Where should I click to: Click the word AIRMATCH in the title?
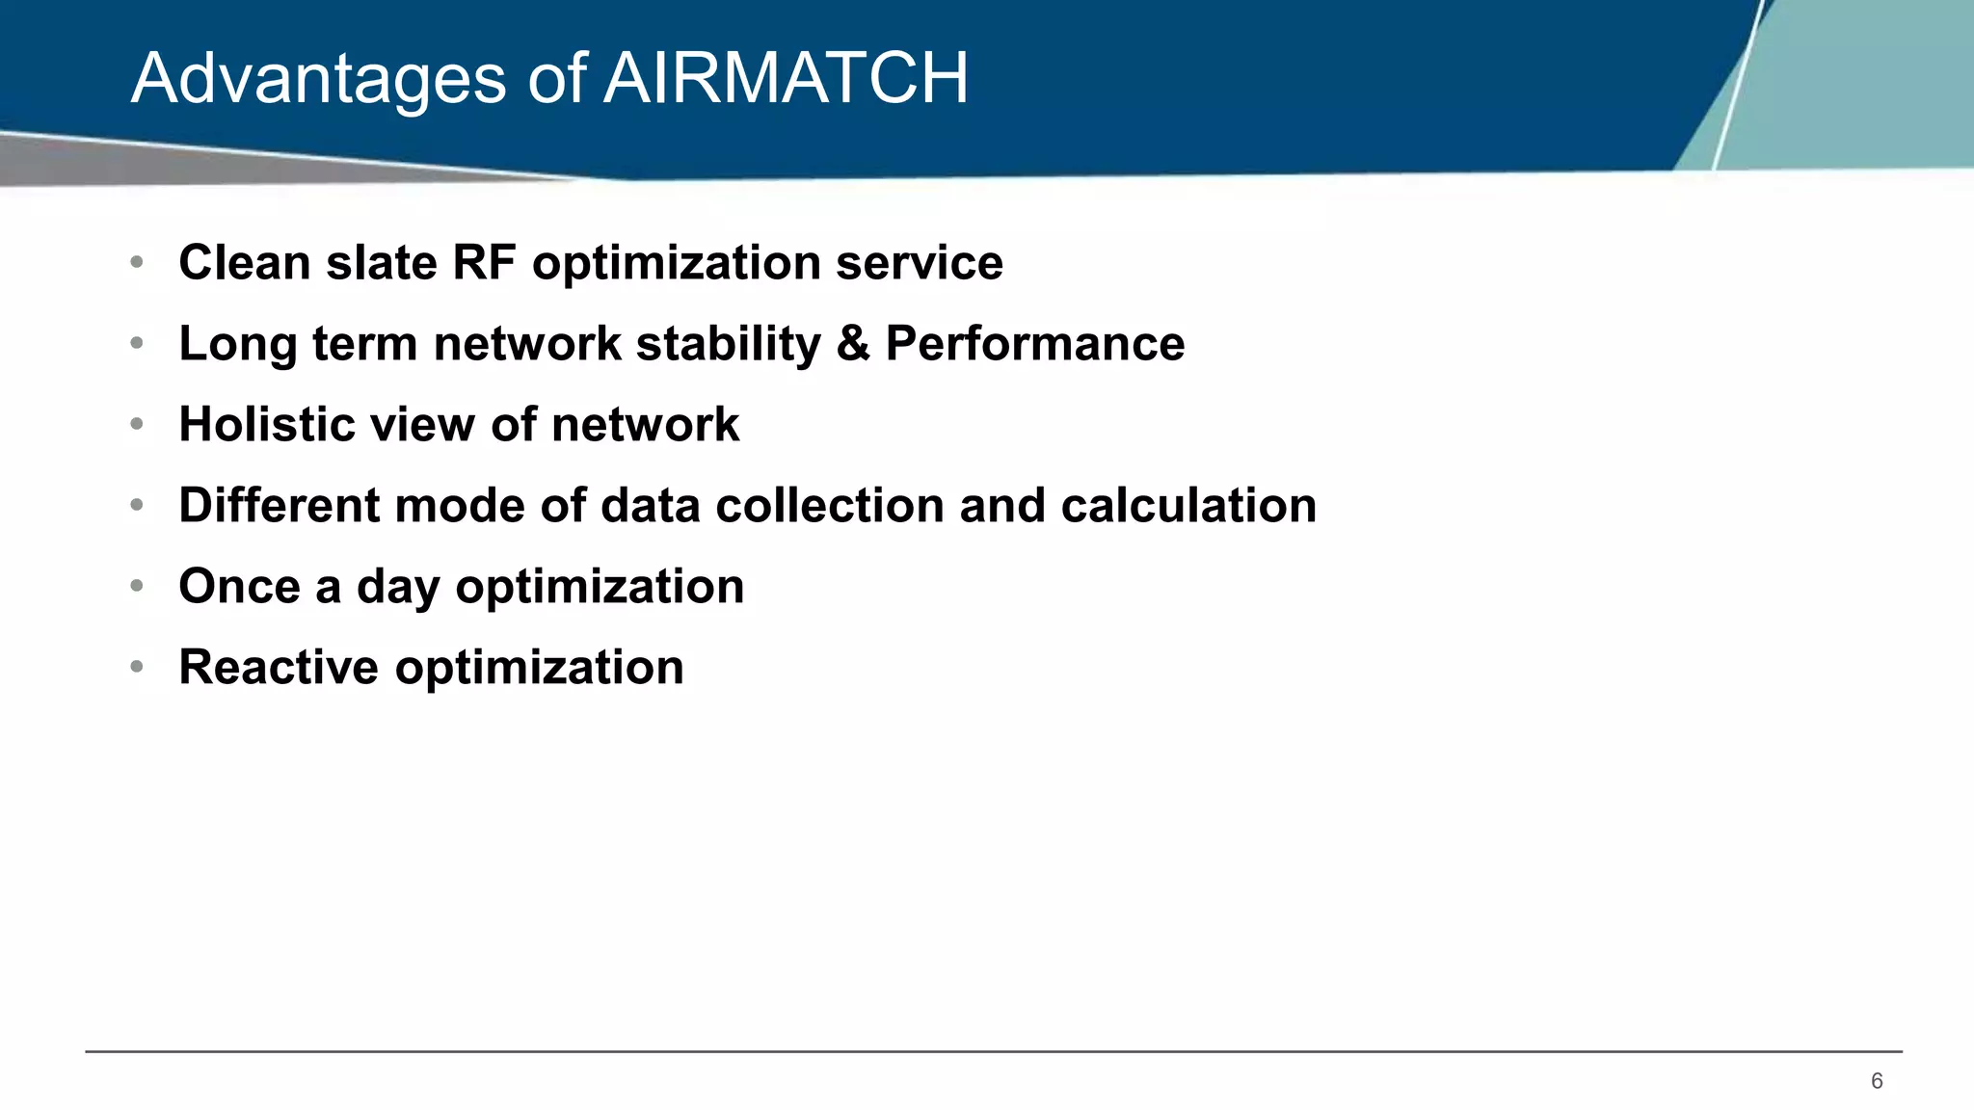pyautogui.click(x=786, y=78)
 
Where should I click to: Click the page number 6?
pyautogui.click(x=1876, y=1081)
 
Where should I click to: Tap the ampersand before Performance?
pyautogui.click(x=853, y=343)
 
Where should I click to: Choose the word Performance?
pyautogui.click(x=1034, y=343)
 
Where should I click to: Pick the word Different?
pyautogui.click(x=279, y=505)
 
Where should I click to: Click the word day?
pyautogui.click(x=398, y=588)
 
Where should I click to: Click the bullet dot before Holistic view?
pyautogui.click(x=137, y=424)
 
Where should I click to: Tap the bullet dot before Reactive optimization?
pyautogui.click(x=137, y=667)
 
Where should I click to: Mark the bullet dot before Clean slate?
pyautogui.click(x=137, y=262)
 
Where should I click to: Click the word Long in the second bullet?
pyautogui.click(x=237, y=345)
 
